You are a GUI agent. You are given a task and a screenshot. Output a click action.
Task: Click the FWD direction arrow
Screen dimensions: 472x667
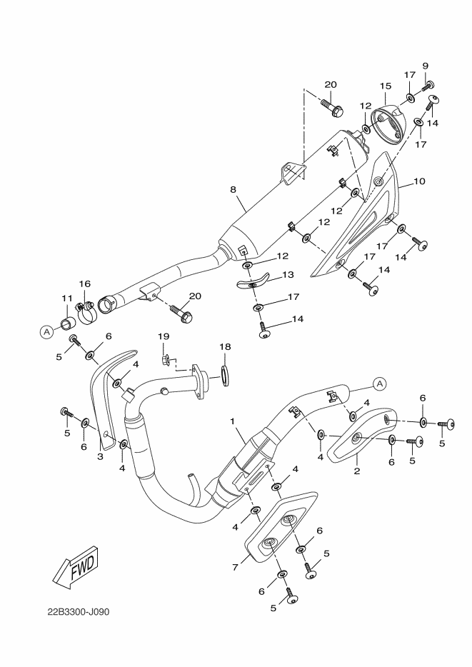[x=76, y=568]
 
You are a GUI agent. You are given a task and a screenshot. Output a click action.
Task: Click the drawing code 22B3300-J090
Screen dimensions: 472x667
[x=79, y=612]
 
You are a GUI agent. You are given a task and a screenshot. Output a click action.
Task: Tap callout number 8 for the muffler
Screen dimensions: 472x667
[x=233, y=190]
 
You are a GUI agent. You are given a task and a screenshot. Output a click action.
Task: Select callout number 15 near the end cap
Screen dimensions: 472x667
[x=386, y=86]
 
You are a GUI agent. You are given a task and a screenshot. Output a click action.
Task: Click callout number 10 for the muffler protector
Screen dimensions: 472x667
[x=419, y=181]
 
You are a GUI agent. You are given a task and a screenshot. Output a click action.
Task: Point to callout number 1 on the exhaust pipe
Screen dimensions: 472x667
[x=233, y=421]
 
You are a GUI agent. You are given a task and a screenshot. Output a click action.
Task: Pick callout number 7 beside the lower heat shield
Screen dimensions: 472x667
[x=235, y=567]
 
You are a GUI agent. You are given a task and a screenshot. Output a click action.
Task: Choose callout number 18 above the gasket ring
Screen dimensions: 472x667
[x=226, y=346]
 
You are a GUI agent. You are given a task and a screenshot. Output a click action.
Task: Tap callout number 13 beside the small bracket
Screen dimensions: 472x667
[x=288, y=275]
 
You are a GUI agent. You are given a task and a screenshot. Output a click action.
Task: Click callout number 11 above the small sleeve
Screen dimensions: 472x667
[x=67, y=299]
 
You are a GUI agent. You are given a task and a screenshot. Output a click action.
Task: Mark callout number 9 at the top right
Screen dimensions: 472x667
[x=425, y=66]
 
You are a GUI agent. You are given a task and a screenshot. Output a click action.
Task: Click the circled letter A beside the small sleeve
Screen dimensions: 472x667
[x=46, y=331]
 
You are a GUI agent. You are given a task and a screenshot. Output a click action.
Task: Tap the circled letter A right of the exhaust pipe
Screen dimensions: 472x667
[x=379, y=384]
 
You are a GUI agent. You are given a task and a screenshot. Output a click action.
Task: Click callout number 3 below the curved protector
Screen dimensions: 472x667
[x=101, y=457]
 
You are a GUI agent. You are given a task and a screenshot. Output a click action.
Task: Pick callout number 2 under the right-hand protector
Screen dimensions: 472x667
[x=357, y=471]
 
